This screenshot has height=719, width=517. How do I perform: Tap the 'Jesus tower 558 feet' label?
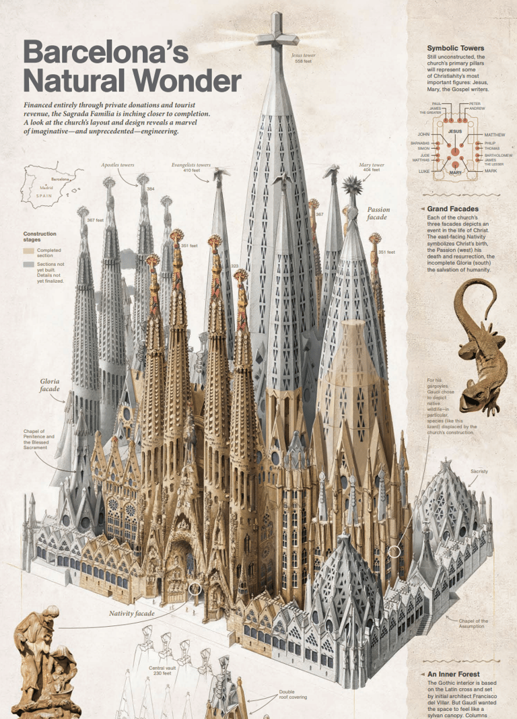303,59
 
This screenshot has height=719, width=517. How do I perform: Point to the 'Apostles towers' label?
118,164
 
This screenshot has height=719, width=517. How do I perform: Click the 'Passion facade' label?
378,213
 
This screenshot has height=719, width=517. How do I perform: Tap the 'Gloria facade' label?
49,385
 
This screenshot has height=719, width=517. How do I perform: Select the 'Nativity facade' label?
132,613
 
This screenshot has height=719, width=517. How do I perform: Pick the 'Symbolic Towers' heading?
455,48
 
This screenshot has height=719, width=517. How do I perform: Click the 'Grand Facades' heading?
452,209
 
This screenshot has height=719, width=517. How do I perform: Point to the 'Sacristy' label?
479,471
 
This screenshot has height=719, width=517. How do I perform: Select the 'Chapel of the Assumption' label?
473,624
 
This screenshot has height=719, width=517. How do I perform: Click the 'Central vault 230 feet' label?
162,671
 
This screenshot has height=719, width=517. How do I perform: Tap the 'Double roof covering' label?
293,694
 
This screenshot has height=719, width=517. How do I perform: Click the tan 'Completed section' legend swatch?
28,251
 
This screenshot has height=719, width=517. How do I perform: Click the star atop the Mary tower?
353,184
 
